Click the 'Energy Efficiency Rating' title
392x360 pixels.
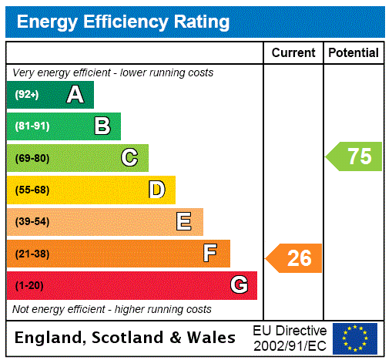123,22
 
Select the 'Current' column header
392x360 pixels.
293,53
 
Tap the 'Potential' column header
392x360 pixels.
353,53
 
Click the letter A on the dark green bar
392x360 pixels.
75,95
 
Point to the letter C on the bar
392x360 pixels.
129,158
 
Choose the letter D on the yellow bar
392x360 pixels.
156,190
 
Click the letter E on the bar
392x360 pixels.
184,222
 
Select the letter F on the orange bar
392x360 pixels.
210,254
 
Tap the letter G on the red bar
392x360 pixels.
239,285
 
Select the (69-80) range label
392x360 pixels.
32,158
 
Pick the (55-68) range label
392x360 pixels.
32,190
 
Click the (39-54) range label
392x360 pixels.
32,222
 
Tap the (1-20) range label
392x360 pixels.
29,285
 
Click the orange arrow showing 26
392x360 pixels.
295,258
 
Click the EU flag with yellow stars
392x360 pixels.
355,338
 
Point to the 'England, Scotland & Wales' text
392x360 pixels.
126,338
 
